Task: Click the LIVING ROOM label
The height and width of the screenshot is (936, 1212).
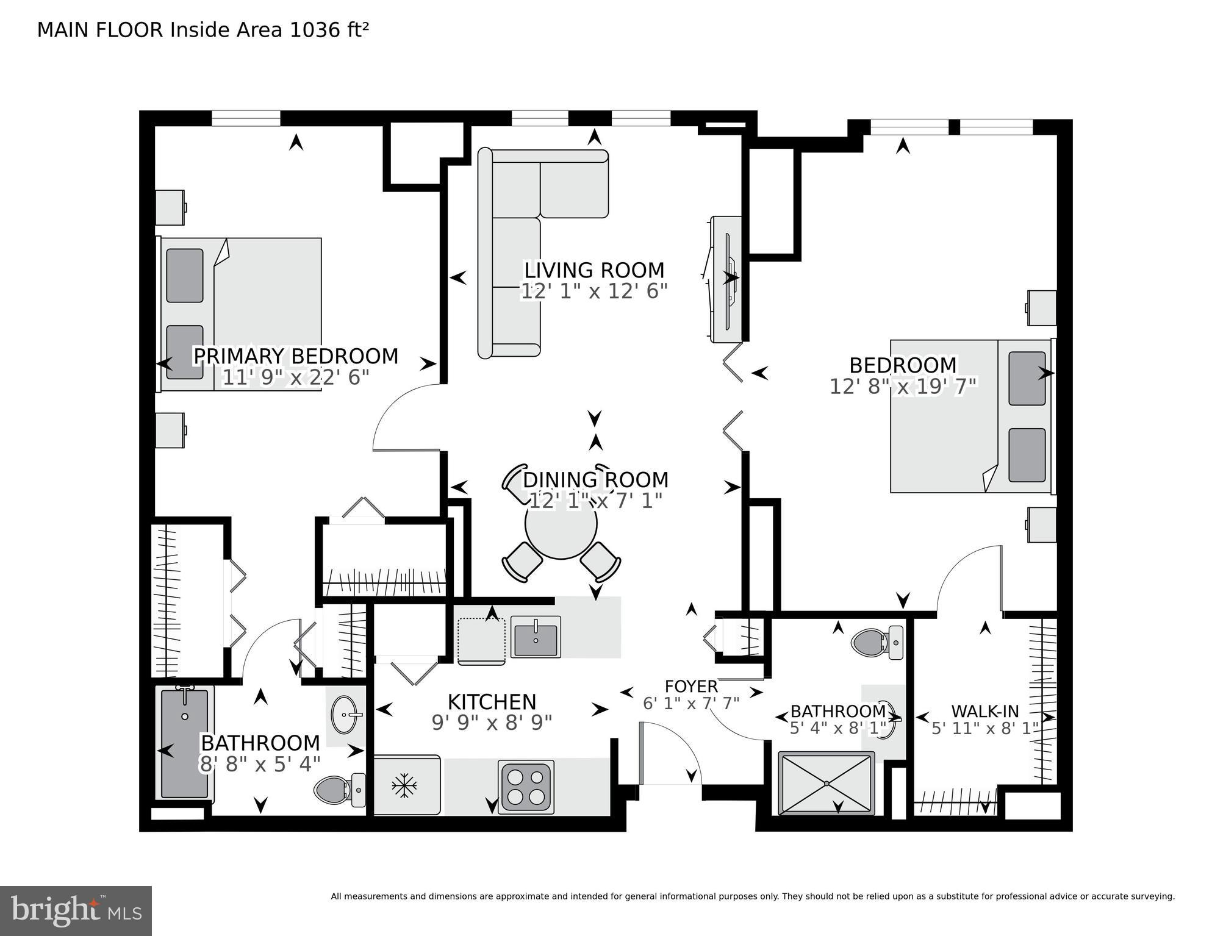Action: coord(594,270)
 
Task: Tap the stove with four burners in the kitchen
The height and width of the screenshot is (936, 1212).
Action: coord(526,787)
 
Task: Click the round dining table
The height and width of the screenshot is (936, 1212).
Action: coord(561,524)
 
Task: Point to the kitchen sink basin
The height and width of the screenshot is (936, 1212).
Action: coord(536,637)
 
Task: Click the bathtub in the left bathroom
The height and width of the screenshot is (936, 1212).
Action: coord(185,743)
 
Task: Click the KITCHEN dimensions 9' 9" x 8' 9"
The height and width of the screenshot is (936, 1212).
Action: coord(492,723)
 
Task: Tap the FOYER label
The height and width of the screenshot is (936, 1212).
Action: coord(691,686)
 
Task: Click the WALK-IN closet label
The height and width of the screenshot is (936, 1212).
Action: coord(984,711)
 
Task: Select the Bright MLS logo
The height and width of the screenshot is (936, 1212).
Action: coord(76,911)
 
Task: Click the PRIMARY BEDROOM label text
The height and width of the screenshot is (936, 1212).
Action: coord(295,356)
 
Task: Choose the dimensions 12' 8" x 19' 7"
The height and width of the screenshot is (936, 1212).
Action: coord(903,386)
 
